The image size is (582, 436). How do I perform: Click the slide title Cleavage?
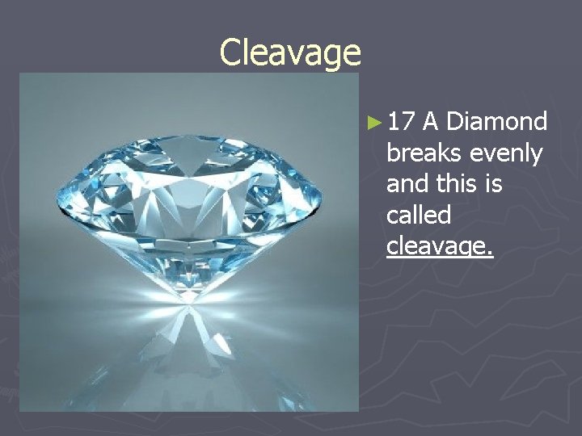pos(290,53)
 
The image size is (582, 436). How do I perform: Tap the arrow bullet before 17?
pos(373,123)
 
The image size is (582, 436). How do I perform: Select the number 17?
pos(401,122)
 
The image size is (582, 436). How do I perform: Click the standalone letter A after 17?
pos(431,122)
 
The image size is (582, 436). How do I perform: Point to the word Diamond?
pos(496,122)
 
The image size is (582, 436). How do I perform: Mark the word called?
pos(419,215)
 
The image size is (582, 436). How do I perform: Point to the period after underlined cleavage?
pos(489,253)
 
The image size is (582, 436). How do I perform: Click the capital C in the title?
pos(231,53)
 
